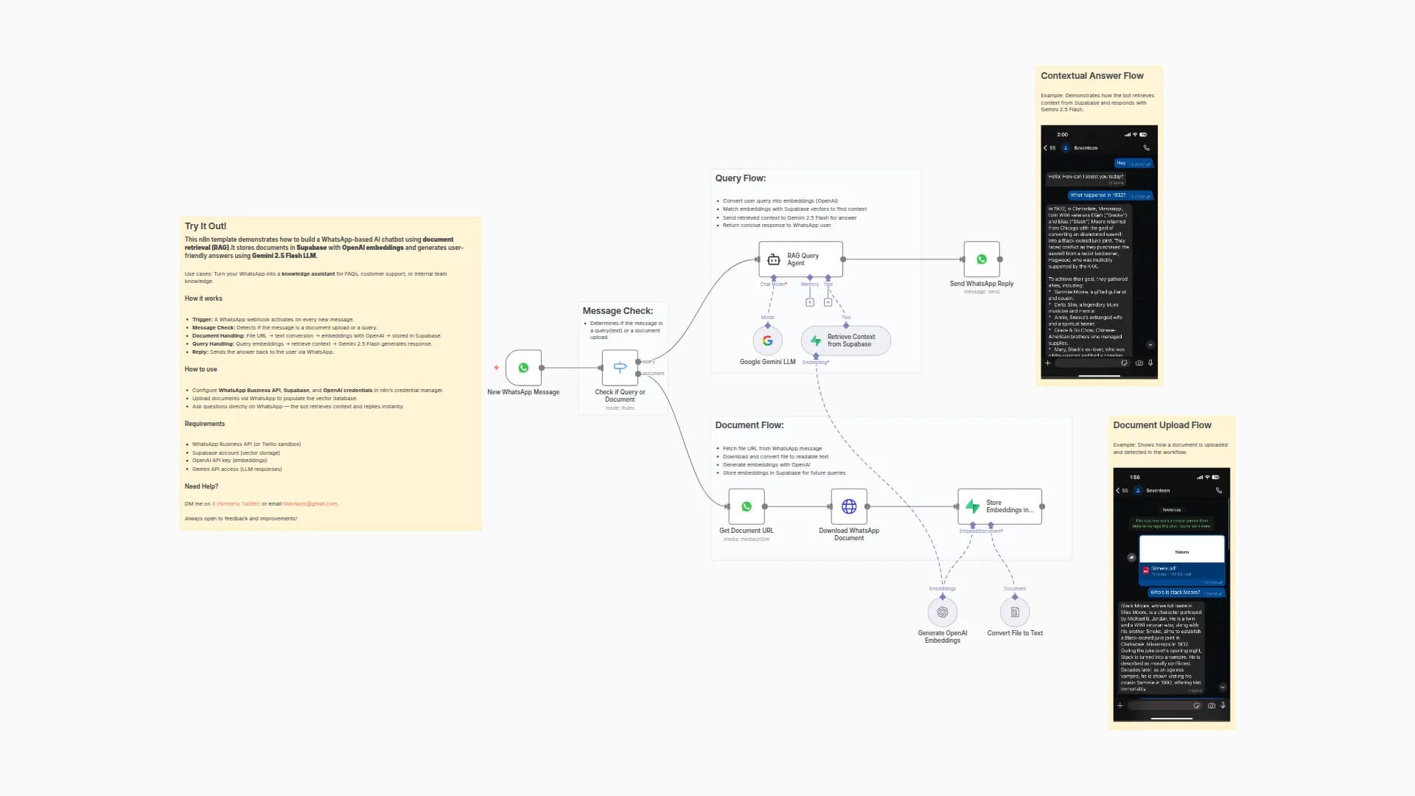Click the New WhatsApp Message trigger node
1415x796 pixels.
pyautogui.click(x=523, y=368)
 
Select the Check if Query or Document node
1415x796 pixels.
pyautogui.click(x=620, y=368)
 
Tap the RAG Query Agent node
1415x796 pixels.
pyautogui.click(x=800, y=259)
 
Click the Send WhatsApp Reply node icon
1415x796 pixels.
pyautogui.click(x=982, y=259)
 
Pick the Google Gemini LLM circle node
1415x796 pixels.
pyautogui.click(x=767, y=341)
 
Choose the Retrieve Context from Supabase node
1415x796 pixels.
pyautogui.click(x=846, y=341)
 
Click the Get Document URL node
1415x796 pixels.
pyautogui.click(x=747, y=506)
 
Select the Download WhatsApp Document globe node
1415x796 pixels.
pyautogui.click(x=849, y=506)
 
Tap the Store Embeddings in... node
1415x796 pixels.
pyautogui.click(x=1000, y=506)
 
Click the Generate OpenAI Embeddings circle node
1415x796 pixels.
pyautogui.click(x=943, y=612)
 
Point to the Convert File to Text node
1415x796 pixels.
pyautogui.click(x=1015, y=612)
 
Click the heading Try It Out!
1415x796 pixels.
pyautogui.click(x=206, y=226)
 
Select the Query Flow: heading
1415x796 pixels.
pyautogui.click(x=740, y=178)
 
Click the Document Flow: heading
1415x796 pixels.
pyautogui.click(x=749, y=425)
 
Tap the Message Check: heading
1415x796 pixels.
pyautogui.click(x=618, y=311)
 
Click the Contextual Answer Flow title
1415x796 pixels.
pyautogui.click(x=1091, y=76)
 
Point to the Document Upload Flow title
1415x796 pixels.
pyautogui.click(x=1161, y=425)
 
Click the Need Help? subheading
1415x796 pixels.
pyautogui.click(x=201, y=486)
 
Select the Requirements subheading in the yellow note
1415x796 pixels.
pyautogui.click(x=205, y=424)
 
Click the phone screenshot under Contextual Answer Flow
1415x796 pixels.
pyautogui.click(x=1099, y=252)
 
